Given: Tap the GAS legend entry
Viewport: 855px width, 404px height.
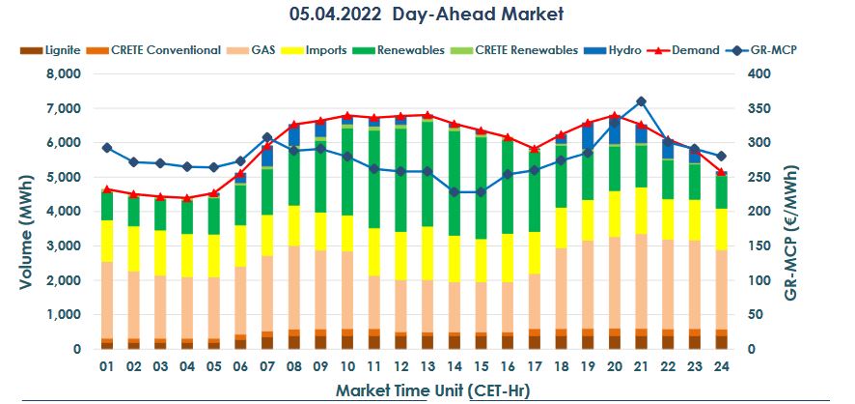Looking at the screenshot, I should point(265,49).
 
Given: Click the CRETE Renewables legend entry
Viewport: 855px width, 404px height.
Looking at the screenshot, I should point(530,49).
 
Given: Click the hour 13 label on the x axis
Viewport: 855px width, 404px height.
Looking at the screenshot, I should point(427,367).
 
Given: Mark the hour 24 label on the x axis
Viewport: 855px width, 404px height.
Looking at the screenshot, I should point(720,367).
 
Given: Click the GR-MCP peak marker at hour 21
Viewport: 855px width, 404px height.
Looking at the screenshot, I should point(641,101).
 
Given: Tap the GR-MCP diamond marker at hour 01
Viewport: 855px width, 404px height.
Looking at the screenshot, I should point(106,148).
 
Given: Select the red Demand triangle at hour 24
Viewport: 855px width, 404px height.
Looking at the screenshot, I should point(720,171).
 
